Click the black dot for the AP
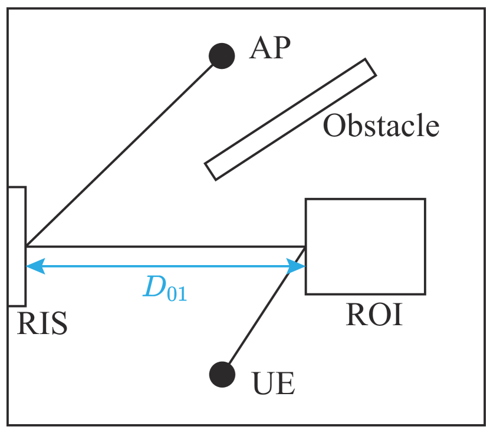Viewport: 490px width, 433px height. point(222,56)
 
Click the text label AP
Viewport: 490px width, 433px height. point(271,49)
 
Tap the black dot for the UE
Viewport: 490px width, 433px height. point(222,374)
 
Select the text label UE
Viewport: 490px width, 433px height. point(273,384)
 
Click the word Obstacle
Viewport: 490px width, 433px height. point(381,126)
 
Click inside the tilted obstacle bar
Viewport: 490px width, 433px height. point(290,119)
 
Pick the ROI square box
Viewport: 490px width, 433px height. point(365,246)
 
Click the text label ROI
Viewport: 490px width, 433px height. point(374,316)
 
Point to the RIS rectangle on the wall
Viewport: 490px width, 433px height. point(17,246)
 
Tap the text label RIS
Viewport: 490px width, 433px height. point(42,323)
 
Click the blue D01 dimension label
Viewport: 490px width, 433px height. point(165,288)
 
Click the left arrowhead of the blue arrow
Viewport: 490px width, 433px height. point(34,266)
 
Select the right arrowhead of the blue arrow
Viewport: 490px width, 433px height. point(297,266)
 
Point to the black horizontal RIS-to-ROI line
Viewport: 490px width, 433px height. point(165,246)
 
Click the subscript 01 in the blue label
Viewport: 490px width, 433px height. point(177,293)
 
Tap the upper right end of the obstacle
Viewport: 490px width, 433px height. point(370,68)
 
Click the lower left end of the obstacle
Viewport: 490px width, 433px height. point(211,171)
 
